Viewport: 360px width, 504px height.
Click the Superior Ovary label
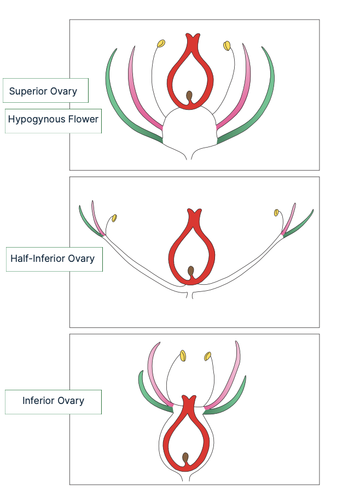pos(43,91)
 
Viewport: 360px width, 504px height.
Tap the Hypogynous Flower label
pos(53,119)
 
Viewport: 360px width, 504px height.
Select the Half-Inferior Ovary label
pos(53,259)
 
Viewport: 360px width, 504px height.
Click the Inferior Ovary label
pos(53,401)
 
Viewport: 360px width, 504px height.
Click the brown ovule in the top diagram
pos(190,97)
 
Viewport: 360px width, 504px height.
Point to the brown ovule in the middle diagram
pos(191,271)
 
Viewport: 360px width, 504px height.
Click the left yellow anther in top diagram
pos(161,43)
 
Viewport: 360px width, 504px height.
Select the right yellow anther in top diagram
pos(227,45)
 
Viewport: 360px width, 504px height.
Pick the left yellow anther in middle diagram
pos(114,218)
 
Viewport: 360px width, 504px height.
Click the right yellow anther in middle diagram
pos(276,212)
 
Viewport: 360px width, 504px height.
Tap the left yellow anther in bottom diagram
pos(183,356)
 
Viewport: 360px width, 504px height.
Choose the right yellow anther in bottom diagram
pos(207,356)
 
